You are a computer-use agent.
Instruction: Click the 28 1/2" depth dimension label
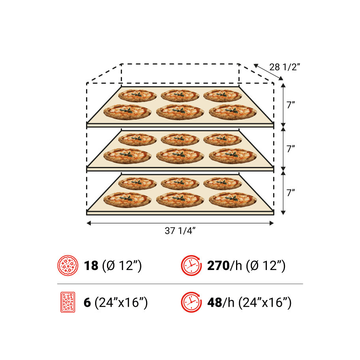click(x=285, y=67)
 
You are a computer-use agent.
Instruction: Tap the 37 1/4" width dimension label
click(x=180, y=231)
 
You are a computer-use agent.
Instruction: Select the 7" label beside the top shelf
click(x=291, y=105)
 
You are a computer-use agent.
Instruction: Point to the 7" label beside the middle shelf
click(x=291, y=149)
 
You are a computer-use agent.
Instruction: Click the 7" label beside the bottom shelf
click(x=291, y=193)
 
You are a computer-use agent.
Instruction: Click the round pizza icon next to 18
click(x=68, y=265)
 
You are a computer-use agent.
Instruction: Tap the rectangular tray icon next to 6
click(x=68, y=302)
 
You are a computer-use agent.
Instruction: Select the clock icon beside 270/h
click(x=191, y=265)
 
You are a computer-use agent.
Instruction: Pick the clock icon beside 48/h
click(x=191, y=302)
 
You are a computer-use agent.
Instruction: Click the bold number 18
click(x=91, y=266)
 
